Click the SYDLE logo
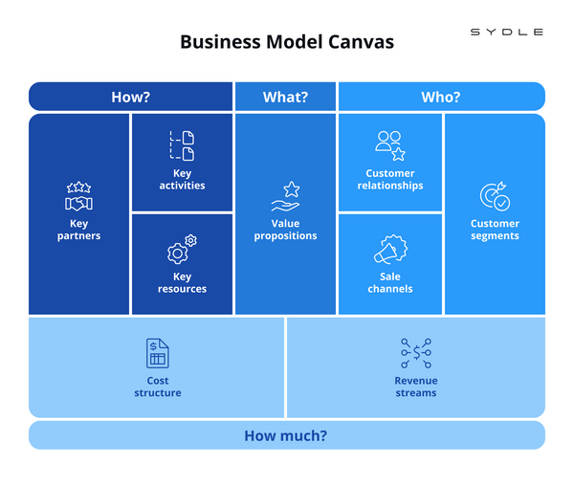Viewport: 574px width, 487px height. tap(507, 33)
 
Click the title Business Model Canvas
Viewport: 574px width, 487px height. tap(287, 43)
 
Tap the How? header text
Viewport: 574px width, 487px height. tap(131, 97)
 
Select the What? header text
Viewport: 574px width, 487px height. tap(285, 97)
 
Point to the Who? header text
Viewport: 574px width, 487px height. tap(441, 97)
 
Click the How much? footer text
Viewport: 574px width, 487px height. tap(286, 435)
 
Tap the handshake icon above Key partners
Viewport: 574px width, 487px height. tap(78, 197)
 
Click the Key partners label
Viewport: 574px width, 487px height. tap(78, 230)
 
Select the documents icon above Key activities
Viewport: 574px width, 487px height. tap(182, 146)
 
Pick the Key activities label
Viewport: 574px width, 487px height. tap(182, 180)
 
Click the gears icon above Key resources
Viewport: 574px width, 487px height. tap(182, 250)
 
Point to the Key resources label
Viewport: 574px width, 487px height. tap(182, 283)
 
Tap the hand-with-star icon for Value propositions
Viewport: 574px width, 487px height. tap(285, 197)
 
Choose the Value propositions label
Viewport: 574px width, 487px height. tap(285, 230)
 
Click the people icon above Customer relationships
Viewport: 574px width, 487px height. tap(389, 145)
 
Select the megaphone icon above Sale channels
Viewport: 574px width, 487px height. tap(389, 251)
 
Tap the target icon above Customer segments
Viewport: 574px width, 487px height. tap(495, 197)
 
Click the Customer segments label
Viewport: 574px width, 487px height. tap(495, 230)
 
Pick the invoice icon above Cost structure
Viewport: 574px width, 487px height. tap(157, 353)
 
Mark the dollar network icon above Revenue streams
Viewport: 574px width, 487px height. tap(416, 353)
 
